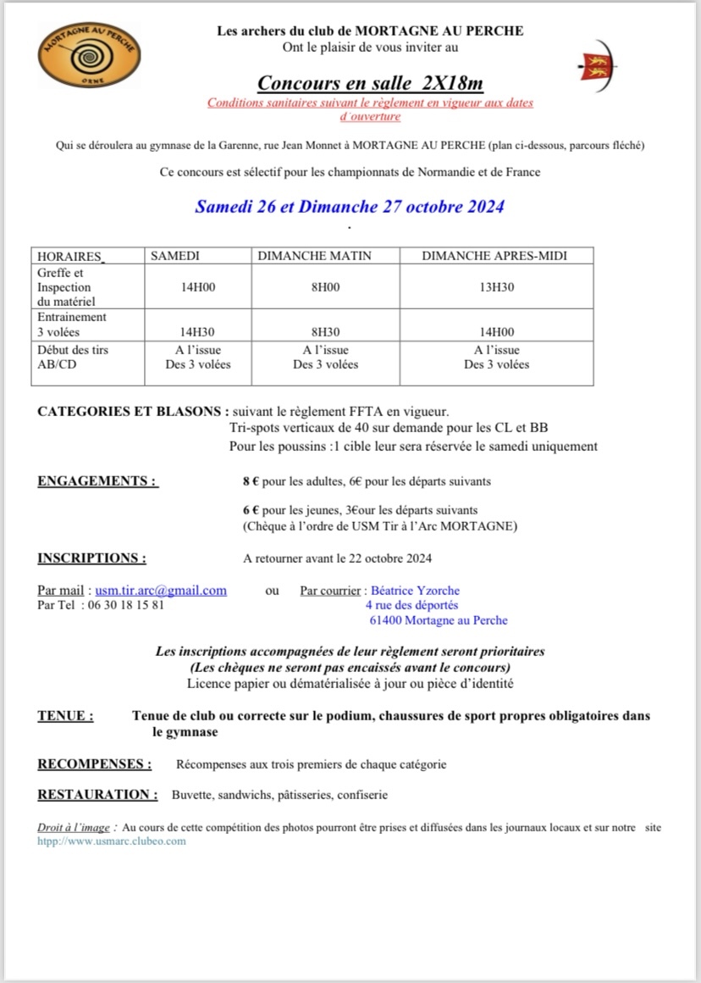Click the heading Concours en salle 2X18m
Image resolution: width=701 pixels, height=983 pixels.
click(x=370, y=83)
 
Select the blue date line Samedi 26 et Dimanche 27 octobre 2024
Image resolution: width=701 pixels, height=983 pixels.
click(x=350, y=206)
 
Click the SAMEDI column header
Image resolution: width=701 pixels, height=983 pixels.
click(x=175, y=256)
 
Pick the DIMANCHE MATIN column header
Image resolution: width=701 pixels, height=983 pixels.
click(x=314, y=256)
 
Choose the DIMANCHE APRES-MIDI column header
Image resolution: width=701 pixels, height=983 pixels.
click(x=494, y=256)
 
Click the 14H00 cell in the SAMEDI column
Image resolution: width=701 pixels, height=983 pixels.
click(x=198, y=287)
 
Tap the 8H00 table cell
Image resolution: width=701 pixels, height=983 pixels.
click(x=325, y=287)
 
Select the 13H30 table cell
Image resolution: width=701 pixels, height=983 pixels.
click(x=496, y=287)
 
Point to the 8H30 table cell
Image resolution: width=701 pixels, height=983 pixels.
click(x=325, y=332)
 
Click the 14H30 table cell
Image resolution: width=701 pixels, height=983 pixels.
click(x=198, y=332)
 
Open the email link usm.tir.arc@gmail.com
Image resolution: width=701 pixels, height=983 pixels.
click(x=161, y=591)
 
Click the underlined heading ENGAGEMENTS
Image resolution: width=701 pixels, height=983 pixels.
click(x=97, y=481)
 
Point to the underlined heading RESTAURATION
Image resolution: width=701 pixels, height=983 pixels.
click(x=97, y=795)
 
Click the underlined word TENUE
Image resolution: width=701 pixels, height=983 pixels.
click(x=65, y=716)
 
